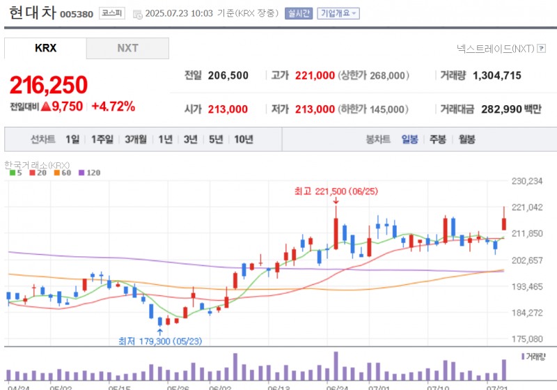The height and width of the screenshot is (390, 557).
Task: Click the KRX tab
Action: coord(45,48)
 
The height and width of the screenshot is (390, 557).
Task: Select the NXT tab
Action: coord(127,48)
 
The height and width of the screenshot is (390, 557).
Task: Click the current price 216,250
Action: coord(49,85)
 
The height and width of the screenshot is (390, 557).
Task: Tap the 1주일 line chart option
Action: coord(102,139)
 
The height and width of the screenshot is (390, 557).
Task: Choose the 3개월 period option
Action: coord(136,139)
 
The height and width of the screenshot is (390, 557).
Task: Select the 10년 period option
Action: coord(244,139)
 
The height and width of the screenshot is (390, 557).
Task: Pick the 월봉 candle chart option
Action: coord(466,139)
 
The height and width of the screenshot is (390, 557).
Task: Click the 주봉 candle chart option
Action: coord(437,139)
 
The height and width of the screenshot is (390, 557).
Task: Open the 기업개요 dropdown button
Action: coord(338,13)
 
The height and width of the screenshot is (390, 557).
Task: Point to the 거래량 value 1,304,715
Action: coord(496,75)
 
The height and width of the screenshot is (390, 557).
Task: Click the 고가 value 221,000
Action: coord(315,75)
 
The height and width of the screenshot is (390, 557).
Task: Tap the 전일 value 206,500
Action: coord(228,75)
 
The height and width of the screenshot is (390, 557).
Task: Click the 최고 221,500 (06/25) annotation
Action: coord(336,190)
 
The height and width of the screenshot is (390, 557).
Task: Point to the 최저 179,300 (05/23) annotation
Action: coord(161,341)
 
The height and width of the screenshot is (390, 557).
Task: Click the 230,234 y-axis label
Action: coord(526,181)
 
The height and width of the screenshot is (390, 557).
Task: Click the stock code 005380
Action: coord(77,14)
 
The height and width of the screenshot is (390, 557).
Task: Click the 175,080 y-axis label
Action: coord(526,339)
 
